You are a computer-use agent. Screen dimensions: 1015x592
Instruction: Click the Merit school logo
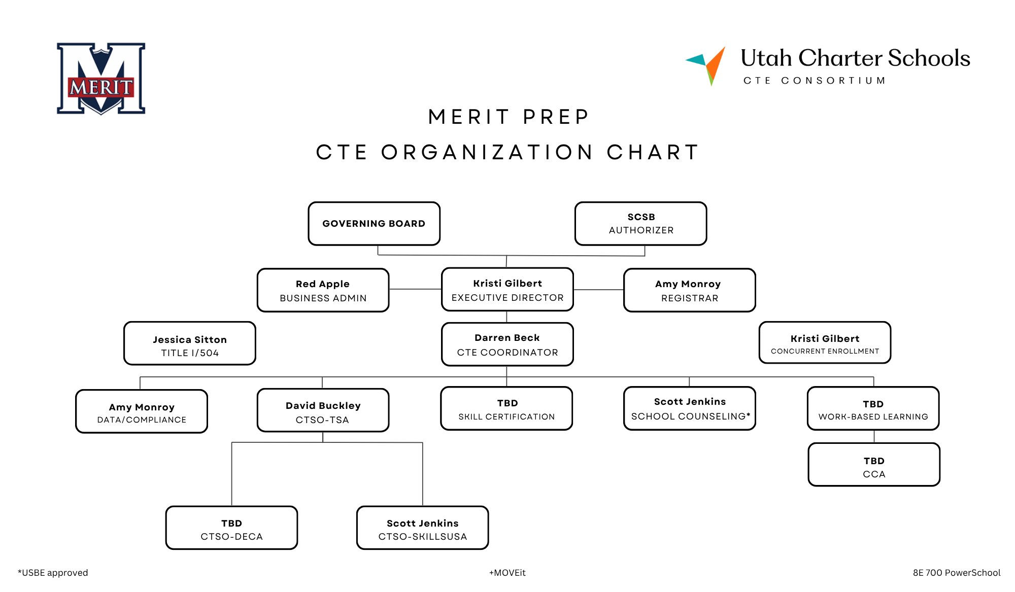point(101,79)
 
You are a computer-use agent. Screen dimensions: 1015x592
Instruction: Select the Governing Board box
point(374,224)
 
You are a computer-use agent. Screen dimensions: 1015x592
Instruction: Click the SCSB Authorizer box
point(641,224)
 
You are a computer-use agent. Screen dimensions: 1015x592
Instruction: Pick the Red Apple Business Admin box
point(323,290)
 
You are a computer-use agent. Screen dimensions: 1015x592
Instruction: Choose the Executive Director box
point(507,289)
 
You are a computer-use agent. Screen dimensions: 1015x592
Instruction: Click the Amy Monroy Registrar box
point(690,290)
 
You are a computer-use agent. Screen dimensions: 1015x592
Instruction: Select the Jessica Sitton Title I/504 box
point(190,343)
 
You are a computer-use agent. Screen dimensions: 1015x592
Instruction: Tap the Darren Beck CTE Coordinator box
point(507,344)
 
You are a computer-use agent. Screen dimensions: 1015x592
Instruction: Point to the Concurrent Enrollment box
point(825,342)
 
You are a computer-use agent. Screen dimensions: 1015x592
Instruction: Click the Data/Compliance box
point(142,411)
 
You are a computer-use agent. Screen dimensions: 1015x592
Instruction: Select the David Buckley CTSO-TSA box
point(323,410)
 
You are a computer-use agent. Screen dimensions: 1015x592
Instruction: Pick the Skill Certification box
point(507,409)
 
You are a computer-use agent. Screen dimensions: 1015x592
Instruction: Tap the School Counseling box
point(690,409)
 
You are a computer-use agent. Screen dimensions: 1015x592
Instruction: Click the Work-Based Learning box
point(873,409)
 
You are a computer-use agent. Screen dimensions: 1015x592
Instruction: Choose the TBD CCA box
point(874,465)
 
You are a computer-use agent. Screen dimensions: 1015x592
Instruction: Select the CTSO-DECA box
point(232,528)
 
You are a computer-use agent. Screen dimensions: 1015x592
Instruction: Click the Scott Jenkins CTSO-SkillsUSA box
point(423,528)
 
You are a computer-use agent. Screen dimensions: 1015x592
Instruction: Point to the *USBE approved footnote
point(53,573)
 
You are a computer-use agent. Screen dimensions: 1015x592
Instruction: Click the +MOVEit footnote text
point(507,573)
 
